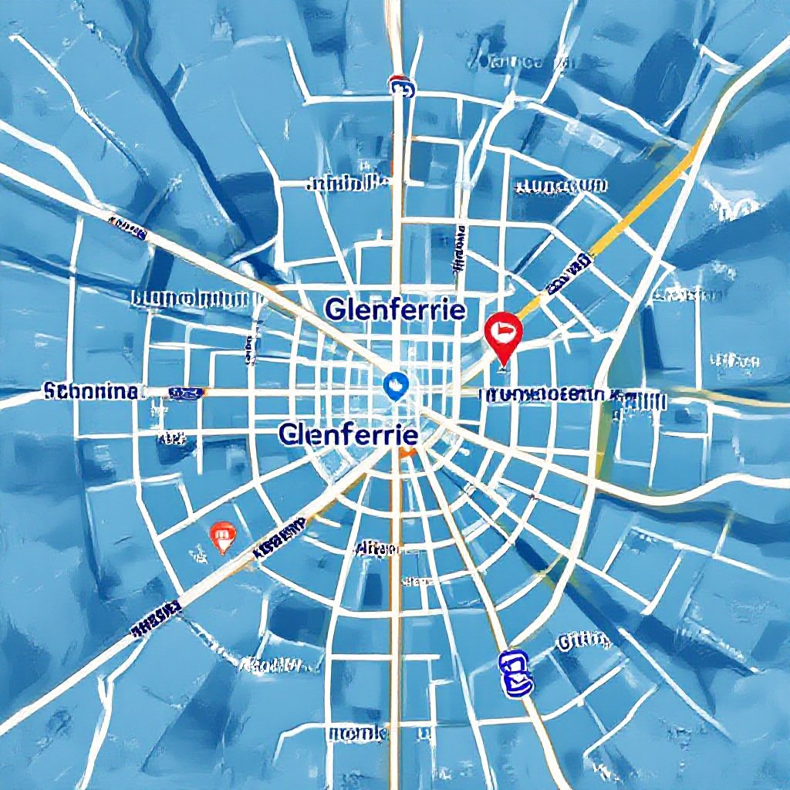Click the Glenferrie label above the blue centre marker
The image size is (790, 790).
pyautogui.click(x=395, y=310)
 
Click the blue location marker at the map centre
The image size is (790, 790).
pyautogui.click(x=395, y=383)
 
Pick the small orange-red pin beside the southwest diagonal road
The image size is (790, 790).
pyautogui.click(x=222, y=535)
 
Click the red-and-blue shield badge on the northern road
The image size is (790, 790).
pyautogui.click(x=400, y=85)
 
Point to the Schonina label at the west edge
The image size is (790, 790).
pyautogui.click(x=91, y=391)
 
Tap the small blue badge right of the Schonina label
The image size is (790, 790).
pyautogui.click(x=186, y=393)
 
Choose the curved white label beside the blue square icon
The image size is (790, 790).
pyautogui.click(x=583, y=640)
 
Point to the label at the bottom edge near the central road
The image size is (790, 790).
pyautogui.click(x=356, y=732)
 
